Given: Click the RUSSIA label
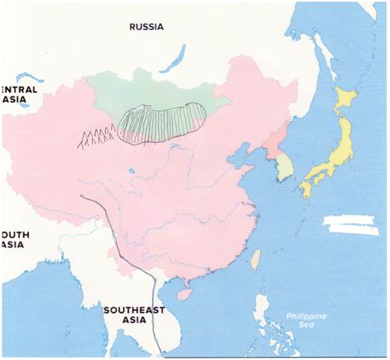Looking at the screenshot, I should [x=146, y=26].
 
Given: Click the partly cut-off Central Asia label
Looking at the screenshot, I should [x=14, y=94].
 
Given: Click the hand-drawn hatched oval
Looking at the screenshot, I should [x=161, y=123].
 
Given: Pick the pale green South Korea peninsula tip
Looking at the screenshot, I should [x=284, y=168].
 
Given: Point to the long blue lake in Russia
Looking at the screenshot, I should [x=175, y=58].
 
